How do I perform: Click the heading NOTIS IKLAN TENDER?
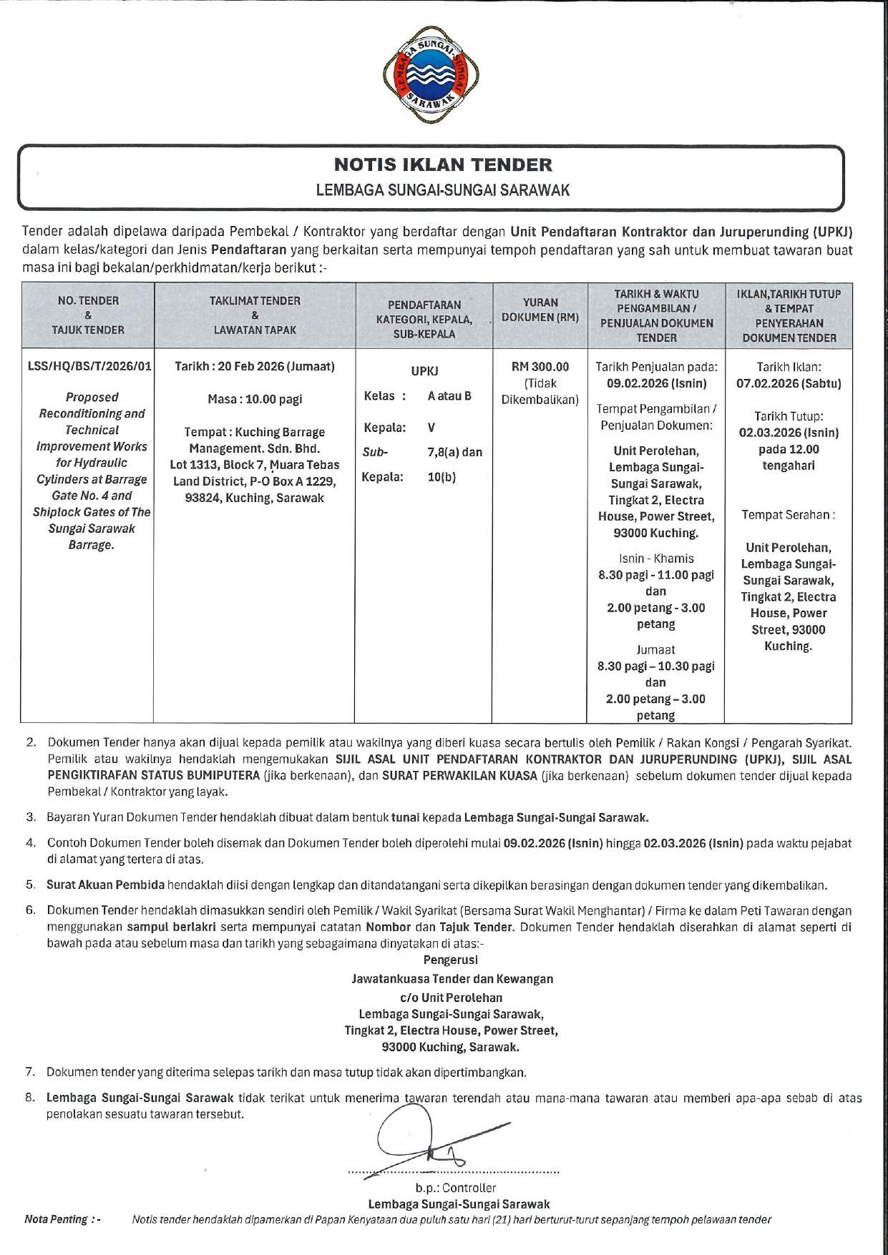click(x=444, y=165)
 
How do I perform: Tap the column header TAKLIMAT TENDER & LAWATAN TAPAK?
click(x=255, y=315)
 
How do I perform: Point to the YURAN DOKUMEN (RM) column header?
click(x=540, y=310)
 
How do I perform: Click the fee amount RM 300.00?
click(x=540, y=367)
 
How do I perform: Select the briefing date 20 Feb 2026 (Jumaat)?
click(x=255, y=367)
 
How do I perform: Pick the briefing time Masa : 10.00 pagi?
click(x=255, y=399)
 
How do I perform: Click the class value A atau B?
click(x=449, y=396)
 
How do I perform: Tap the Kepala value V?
click(x=431, y=428)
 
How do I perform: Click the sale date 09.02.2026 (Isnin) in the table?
click(x=656, y=383)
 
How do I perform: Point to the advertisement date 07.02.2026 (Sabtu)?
click(x=789, y=383)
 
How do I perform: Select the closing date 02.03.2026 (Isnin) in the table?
click(x=789, y=433)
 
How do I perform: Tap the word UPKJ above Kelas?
click(x=424, y=371)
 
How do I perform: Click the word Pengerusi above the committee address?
click(x=451, y=960)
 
